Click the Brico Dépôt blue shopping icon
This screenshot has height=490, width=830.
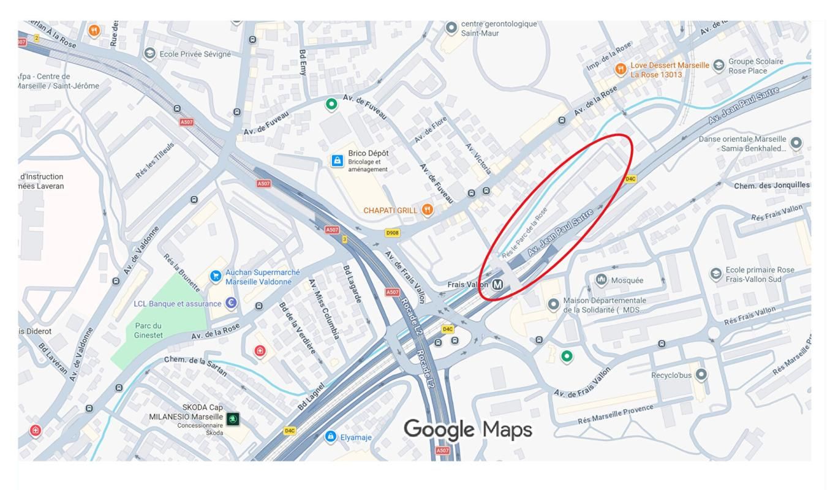[x=337, y=160]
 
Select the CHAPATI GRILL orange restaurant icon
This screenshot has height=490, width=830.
[x=428, y=209]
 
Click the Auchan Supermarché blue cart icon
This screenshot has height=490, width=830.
[x=216, y=276]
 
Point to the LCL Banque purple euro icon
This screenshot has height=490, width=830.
[x=231, y=303]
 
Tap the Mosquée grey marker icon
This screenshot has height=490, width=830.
[x=602, y=280]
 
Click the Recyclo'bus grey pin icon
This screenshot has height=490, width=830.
[x=702, y=373]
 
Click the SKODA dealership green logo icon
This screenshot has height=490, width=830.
[x=233, y=419]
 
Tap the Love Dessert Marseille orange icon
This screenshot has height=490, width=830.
[x=621, y=69]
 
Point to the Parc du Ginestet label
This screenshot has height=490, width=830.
[x=148, y=330]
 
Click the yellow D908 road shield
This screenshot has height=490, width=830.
[x=392, y=233]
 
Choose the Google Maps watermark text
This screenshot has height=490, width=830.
[x=467, y=430]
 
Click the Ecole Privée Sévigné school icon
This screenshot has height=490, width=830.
[x=149, y=54]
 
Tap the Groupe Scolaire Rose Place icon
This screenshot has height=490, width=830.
[x=719, y=65]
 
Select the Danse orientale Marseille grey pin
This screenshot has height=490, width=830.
[x=796, y=143]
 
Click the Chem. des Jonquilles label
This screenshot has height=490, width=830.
[x=772, y=185]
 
